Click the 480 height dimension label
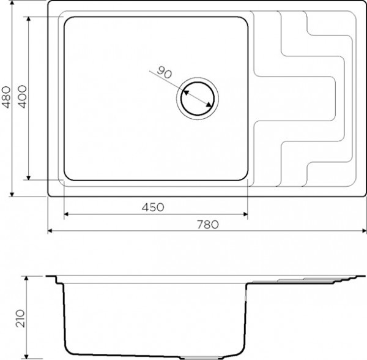(x=6, y=97)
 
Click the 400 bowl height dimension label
(x=22, y=97)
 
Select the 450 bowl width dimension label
(x=153, y=208)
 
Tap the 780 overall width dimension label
(x=207, y=225)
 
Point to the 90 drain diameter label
(x=164, y=72)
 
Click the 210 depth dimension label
(x=20, y=318)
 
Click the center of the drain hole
(x=198, y=99)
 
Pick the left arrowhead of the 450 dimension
(x=66, y=214)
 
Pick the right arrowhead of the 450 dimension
(x=245, y=214)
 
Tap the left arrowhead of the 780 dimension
(x=50, y=231)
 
